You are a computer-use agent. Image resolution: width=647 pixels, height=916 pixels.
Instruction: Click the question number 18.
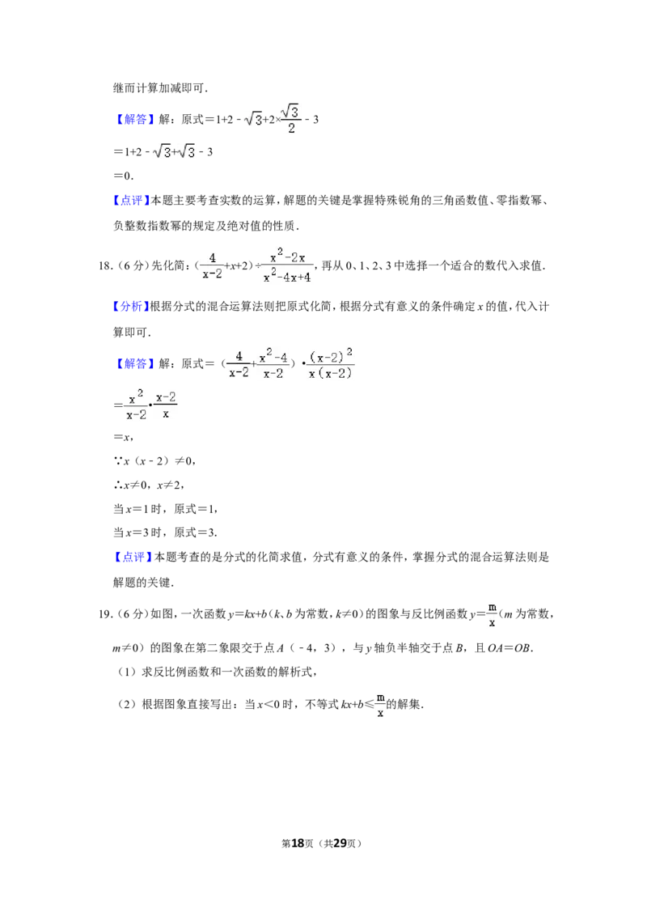point(105,265)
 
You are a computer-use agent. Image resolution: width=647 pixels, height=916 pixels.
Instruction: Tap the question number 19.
point(105,614)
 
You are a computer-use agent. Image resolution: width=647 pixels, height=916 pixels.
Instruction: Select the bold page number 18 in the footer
point(298,843)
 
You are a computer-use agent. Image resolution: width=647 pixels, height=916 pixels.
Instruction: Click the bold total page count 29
point(340,843)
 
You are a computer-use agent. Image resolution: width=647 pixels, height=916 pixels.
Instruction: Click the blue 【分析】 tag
point(131,306)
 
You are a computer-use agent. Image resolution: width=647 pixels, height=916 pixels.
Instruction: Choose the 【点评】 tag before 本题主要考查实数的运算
point(131,201)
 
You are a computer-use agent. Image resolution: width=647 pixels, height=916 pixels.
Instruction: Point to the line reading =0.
point(123,176)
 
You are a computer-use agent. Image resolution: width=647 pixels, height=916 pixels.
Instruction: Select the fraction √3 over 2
point(291,119)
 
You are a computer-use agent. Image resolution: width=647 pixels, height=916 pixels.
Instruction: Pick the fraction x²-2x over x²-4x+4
point(287,265)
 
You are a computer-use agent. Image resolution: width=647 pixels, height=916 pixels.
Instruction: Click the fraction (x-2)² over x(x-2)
point(331,363)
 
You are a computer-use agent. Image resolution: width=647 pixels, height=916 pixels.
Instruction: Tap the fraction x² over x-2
point(137,405)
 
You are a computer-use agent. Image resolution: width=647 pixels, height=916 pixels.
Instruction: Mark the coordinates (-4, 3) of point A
point(313,647)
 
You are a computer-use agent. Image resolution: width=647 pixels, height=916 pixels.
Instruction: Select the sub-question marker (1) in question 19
point(127,672)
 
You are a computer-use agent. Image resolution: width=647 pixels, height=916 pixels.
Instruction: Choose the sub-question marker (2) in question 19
point(127,704)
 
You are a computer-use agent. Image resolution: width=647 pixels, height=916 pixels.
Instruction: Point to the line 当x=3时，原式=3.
point(165,532)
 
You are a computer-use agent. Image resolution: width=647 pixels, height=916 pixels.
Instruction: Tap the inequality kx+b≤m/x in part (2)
point(362,705)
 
